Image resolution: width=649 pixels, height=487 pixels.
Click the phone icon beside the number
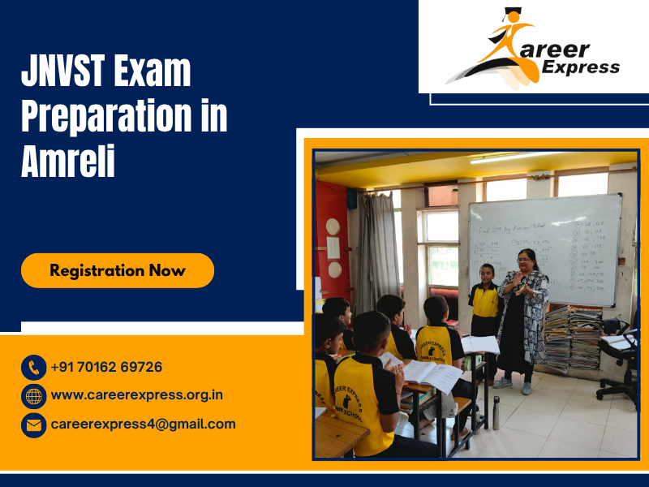33,368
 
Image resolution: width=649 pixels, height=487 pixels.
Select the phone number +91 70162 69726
106,367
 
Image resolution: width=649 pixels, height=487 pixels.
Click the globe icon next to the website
33,396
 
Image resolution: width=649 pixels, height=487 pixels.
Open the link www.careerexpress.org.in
136,395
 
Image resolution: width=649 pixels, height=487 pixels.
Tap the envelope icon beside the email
33,425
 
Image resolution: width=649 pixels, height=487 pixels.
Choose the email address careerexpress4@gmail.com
143,424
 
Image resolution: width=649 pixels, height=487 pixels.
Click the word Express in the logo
581,67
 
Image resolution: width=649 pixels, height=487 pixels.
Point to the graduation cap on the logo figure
510,15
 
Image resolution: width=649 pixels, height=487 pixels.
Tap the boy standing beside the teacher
486,312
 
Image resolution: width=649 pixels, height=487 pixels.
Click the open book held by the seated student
430,373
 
